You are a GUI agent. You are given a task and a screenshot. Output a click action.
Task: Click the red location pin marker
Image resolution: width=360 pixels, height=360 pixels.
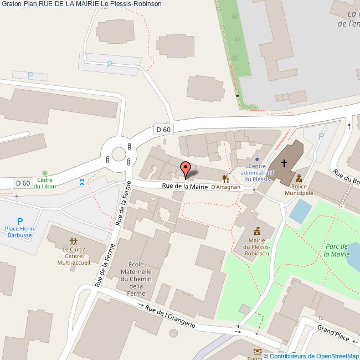[186, 168]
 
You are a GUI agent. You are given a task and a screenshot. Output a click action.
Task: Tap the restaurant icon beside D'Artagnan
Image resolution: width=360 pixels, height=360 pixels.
[225, 178]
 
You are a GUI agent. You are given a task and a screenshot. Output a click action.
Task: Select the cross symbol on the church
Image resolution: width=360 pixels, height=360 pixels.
[284, 163]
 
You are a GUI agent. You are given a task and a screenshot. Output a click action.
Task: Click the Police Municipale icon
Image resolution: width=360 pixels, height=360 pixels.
[299, 178]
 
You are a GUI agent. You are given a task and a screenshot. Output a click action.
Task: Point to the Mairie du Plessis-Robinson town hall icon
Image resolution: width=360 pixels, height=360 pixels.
[257, 231]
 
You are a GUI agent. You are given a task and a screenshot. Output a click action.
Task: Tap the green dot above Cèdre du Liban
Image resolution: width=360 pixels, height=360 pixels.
[45, 173]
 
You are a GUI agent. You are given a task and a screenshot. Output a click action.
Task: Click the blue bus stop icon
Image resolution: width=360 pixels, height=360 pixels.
[82, 182]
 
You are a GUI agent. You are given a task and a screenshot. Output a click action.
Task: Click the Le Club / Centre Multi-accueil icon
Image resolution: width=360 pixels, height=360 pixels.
[74, 241]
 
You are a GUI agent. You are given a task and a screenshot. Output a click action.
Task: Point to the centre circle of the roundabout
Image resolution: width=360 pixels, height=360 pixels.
[119, 153]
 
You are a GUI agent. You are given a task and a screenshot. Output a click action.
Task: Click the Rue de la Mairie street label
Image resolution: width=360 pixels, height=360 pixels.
[185, 187]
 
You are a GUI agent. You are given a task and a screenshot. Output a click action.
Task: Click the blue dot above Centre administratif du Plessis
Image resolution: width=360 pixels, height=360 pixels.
[256, 159]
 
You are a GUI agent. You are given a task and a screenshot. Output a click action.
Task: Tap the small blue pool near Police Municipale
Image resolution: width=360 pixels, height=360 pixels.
[301, 210]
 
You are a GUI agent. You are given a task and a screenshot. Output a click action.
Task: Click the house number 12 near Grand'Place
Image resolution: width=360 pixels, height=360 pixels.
[321, 318]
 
